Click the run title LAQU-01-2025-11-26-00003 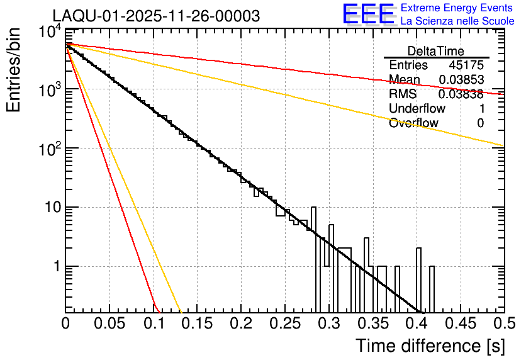[x=156, y=16]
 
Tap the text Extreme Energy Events [x=457, y=8]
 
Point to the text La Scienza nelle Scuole [x=457, y=21]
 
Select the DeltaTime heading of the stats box [x=436, y=51]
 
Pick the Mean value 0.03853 [x=461, y=80]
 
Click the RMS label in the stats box [x=403, y=94]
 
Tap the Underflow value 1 [x=481, y=109]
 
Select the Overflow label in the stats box [x=413, y=123]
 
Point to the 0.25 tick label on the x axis [x=284, y=323]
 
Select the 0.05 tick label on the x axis [x=109, y=323]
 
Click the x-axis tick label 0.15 [x=197, y=323]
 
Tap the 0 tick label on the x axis [x=66, y=323]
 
